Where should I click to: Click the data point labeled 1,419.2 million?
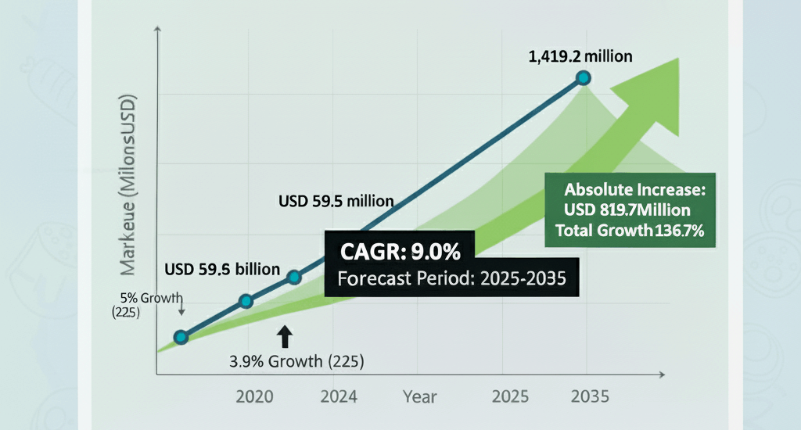point(583,77)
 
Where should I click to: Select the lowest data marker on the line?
point(181,337)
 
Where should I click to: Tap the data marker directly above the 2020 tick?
point(246,301)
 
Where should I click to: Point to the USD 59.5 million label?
point(336,201)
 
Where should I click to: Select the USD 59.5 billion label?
point(222,269)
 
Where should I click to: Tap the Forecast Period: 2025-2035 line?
point(450,278)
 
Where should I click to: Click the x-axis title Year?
point(420,397)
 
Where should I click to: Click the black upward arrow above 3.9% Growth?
point(285,336)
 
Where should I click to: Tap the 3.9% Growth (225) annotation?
point(296,362)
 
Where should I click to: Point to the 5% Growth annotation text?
point(152,297)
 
